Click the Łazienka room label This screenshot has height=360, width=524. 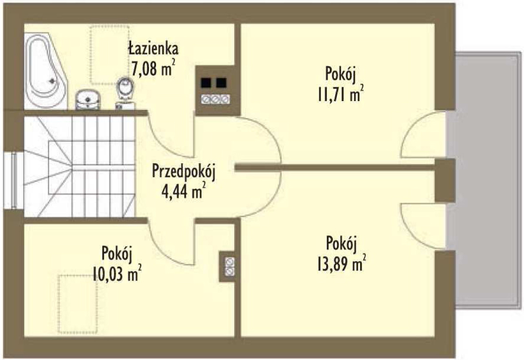click(x=153, y=48)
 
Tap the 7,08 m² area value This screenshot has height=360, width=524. click(x=153, y=69)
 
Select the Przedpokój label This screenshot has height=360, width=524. click(x=184, y=172)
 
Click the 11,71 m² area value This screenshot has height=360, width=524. click(x=340, y=94)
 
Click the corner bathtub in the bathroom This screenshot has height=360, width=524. click(x=46, y=70)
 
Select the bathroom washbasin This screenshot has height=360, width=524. click(x=88, y=100)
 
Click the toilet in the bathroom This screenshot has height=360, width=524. click(x=125, y=92)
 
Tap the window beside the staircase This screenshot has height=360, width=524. click(x=14, y=181)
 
